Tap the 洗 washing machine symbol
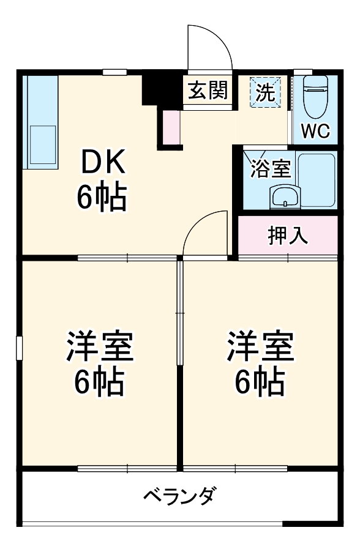(265, 92)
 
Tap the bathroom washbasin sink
(285, 197)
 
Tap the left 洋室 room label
(99, 348)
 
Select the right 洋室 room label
(260, 348)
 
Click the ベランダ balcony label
(179, 494)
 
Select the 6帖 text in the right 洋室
(260, 382)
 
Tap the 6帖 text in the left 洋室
(99, 382)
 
